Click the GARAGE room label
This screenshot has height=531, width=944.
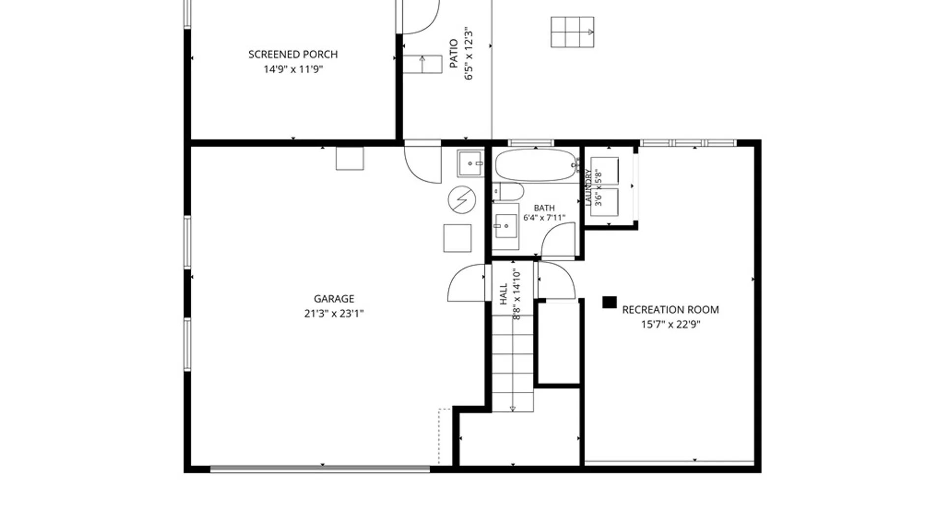pyautogui.click(x=334, y=298)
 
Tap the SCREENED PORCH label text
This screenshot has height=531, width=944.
pyautogui.click(x=293, y=54)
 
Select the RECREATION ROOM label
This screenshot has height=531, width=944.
pyautogui.click(x=670, y=309)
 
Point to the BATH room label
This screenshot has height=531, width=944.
pyautogui.click(x=544, y=208)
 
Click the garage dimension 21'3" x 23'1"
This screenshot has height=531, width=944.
pyautogui.click(x=334, y=313)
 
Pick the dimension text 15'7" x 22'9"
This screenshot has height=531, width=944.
pyautogui.click(x=670, y=324)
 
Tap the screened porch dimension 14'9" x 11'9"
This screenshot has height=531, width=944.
pyautogui.click(x=293, y=69)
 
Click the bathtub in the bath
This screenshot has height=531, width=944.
pyautogui.click(x=537, y=165)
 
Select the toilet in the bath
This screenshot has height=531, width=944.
pyautogui.click(x=508, y=192)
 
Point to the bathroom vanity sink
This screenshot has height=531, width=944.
pyautogui.click(x=506, y=227)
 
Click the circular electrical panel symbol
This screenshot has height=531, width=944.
pyautogui.click(x=462, y=200)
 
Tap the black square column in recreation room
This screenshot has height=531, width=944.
pyautogui.click(x=609, y=302)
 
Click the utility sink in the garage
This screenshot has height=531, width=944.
pyautogui.click(x=471, y=163)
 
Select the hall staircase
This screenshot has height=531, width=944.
pyautogui.click(x=512, y=363)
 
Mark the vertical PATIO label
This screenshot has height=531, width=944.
pyautogui.click(x=454, y=54)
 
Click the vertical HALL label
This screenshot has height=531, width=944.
pyautogui.click(x=503, y=294)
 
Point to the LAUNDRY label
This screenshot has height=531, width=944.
pyautogui.click(x=588, y=187)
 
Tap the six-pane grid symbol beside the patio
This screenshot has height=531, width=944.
pyautogui.click(x=572, y=32)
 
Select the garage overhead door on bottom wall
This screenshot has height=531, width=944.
pyautogui.click(x=320, y=469)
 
